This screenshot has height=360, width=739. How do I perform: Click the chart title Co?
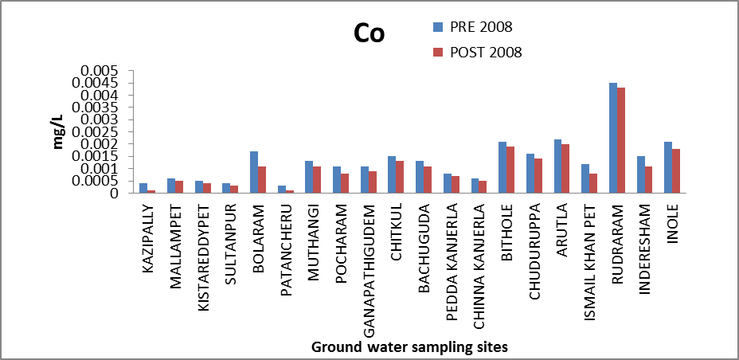(x=369, y=33)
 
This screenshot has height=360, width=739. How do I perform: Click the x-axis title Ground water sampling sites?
(x=409, y=346)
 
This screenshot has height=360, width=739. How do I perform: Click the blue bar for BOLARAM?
(x=254, y=172)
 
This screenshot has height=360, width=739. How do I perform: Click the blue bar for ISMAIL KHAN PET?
(x=585, y=178)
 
